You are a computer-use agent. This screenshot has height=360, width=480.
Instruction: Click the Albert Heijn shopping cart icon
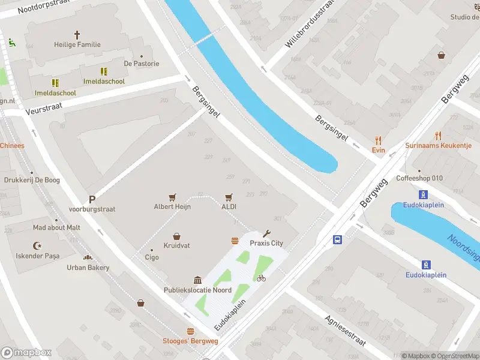(173, 196)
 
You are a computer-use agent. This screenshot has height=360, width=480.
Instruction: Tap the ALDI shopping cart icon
(229, 196)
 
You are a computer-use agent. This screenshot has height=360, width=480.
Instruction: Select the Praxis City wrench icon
(267, 233)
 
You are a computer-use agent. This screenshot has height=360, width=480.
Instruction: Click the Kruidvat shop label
(176, 246)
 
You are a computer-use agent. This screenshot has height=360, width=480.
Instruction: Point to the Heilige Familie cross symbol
(77, 35)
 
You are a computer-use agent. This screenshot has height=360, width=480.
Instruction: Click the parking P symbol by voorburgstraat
(92, 199)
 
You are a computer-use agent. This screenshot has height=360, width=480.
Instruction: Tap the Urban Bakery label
(88, 268)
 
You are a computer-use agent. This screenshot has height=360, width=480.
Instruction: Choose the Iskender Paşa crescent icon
(37, 245)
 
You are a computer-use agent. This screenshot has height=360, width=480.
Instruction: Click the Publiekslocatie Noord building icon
(197, 280)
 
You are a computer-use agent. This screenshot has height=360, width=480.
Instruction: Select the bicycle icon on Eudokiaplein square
(260, 278)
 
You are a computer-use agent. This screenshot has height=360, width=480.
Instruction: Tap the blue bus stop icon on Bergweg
(338, 239)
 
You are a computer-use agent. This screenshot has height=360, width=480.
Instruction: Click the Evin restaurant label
(378, 150)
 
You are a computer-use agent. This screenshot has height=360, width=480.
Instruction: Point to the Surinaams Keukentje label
(439, 145)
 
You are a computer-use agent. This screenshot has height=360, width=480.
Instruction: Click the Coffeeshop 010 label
(419, 178)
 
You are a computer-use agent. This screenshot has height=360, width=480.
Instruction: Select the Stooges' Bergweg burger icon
(191, 331)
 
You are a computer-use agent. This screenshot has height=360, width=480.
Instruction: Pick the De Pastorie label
(142, 64)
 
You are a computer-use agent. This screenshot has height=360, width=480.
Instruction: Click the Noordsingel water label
(463, 247)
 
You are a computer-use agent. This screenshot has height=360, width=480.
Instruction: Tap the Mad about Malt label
(56, 227)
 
